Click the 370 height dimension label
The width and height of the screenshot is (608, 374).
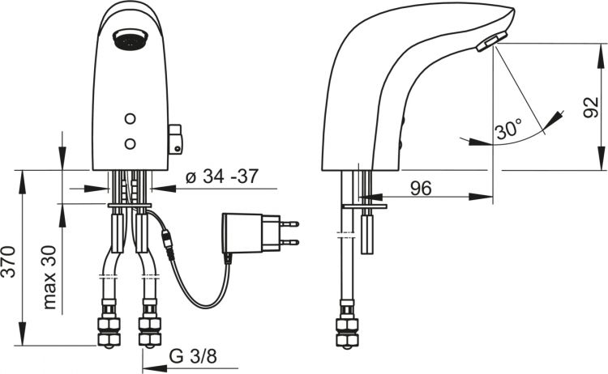9,261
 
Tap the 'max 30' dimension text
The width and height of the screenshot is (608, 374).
49,277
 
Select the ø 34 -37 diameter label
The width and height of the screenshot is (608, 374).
222,176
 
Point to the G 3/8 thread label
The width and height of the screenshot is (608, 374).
193,356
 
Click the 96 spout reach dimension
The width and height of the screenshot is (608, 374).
421,188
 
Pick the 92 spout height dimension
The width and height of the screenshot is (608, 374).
591,107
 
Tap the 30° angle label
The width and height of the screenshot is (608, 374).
509,129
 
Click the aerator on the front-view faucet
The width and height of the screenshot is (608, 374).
131,40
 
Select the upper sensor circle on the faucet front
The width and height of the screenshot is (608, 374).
131,118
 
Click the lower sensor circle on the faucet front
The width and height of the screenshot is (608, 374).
131,144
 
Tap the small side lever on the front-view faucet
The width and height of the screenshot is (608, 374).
176,139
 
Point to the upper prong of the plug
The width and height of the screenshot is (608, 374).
289,223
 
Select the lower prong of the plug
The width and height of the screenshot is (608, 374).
289,243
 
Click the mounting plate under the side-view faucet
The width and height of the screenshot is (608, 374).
365,206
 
